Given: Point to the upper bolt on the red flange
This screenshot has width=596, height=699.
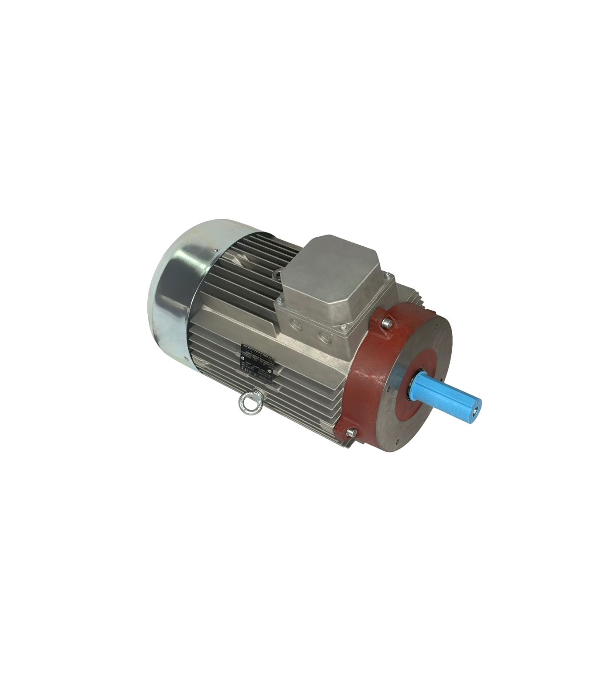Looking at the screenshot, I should [x=387, y=323].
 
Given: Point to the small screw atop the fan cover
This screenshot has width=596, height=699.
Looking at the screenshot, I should [x=215, y=250].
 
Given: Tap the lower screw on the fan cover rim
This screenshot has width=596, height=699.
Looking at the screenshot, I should [x=187, y=359].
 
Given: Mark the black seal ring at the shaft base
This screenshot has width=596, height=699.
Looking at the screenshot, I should [x=412, y=385].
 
